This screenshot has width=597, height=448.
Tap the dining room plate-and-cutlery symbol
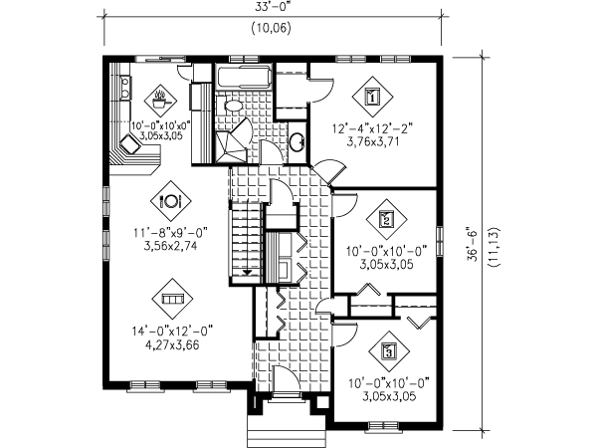coord(170,198)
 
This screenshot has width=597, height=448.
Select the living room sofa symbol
coord(170,297)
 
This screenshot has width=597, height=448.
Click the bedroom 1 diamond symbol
coord(372,97)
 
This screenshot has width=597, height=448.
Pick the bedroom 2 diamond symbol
coord(388,218)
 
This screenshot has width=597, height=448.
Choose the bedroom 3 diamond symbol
coord(388,350)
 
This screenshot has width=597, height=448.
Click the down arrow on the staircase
coord(245,269)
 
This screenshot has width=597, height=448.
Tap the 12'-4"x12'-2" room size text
coord(372,126)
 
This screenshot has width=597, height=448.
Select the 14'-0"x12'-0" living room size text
coord(170,330)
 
